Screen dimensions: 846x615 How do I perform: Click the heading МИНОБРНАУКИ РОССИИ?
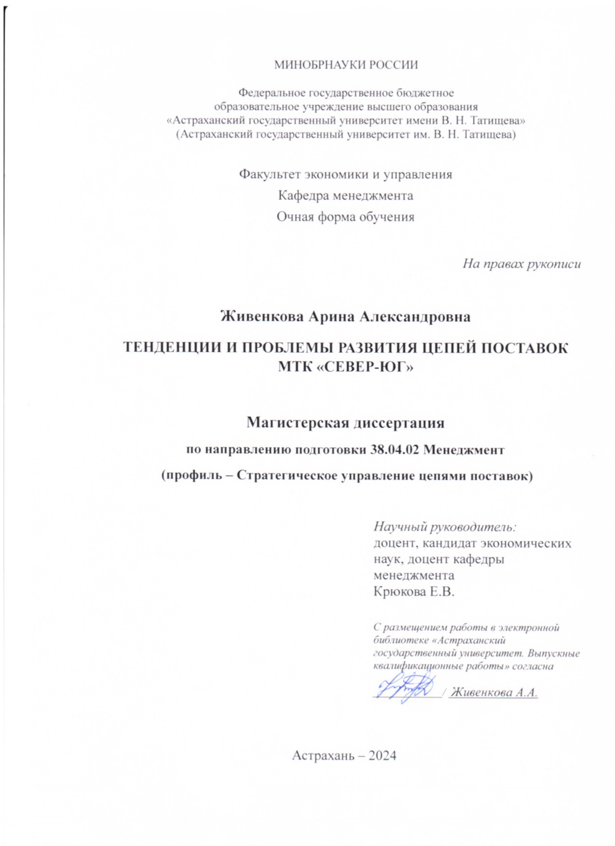click(x=346, y=65)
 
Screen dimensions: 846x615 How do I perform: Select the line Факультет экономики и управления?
click(x=345, y=174)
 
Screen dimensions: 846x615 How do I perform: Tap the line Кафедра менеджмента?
click(x=345, y=195)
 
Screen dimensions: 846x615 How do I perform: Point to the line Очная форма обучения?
click(x=345, y=217)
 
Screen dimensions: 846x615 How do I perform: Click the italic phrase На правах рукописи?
click(x=521, y=264)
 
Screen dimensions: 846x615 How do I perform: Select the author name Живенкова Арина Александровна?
click(x=345, y=317)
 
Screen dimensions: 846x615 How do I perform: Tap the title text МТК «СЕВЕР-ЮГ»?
click(x=345, y=367)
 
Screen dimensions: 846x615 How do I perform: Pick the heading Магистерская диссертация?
click(x=345, y=423)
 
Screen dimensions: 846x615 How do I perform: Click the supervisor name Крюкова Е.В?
click(x=414, y=591)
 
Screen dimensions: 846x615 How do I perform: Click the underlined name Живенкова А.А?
click(x=493, y=693)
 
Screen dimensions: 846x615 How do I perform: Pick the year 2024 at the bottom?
click(x=382, y=756)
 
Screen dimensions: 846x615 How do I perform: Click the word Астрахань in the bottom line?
click(x=323, y=756)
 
